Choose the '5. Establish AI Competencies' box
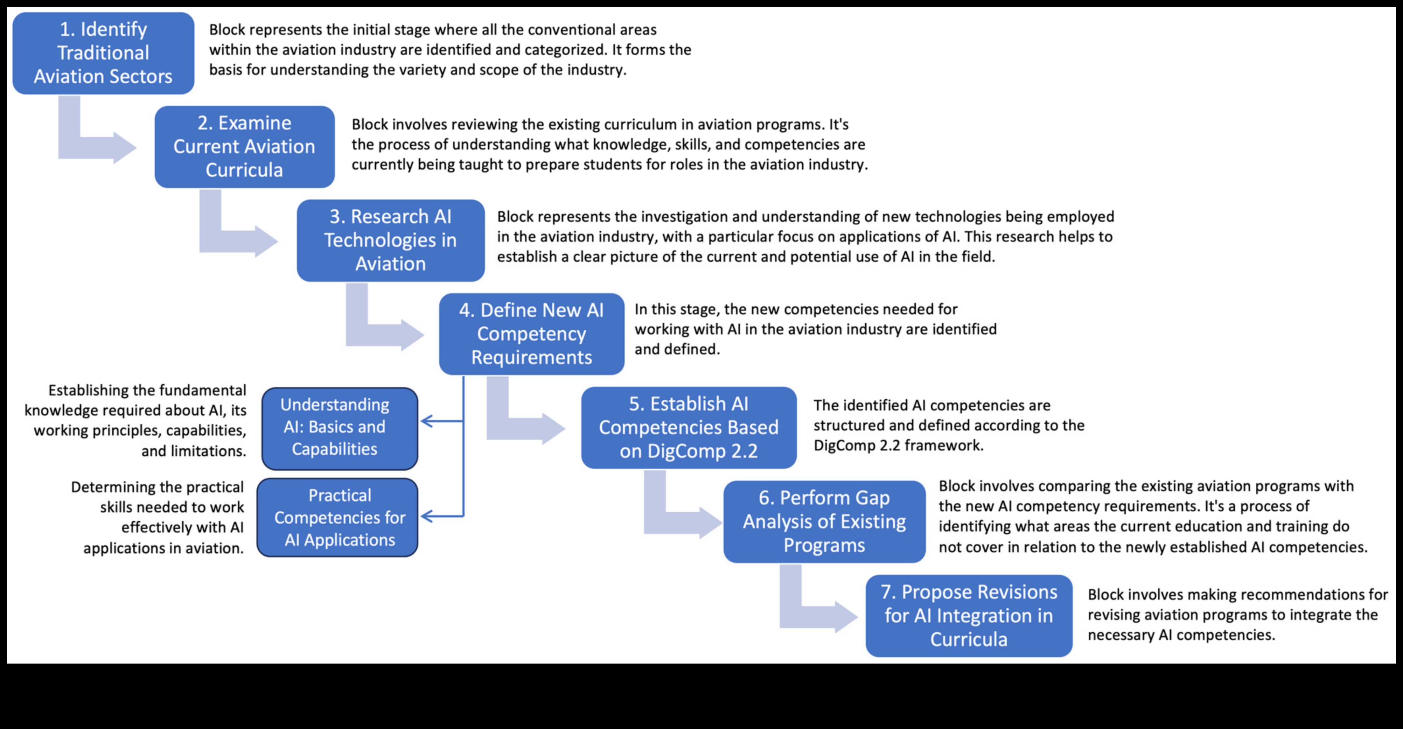689,427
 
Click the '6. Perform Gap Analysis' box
824,521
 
